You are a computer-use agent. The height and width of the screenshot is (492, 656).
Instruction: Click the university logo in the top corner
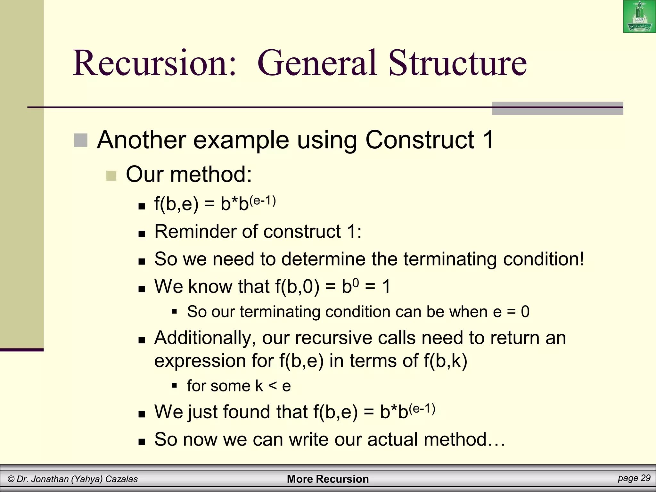coord(639,17)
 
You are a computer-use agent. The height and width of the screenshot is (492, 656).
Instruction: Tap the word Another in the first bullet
coord(141,140)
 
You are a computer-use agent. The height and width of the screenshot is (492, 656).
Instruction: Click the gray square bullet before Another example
coord(80,140)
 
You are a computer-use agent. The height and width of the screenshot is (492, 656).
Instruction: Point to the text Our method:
coord(189,175)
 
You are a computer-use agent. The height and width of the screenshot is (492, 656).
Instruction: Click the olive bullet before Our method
coord(111,176)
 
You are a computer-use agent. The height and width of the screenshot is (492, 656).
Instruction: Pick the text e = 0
coord(511,312)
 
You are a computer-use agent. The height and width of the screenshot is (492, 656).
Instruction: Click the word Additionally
coord(205,338)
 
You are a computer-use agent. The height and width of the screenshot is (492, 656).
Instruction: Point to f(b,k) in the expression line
coord(445,361)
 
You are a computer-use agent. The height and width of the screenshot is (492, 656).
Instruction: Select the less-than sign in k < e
coord(273,386)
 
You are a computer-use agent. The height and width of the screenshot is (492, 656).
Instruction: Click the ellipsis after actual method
coord(497,440)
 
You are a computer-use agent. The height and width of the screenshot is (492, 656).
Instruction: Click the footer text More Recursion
coord(328,479)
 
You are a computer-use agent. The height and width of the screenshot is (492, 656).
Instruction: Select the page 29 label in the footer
coord(634,478)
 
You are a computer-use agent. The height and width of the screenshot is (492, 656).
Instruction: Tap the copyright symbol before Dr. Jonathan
coord(11,479)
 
